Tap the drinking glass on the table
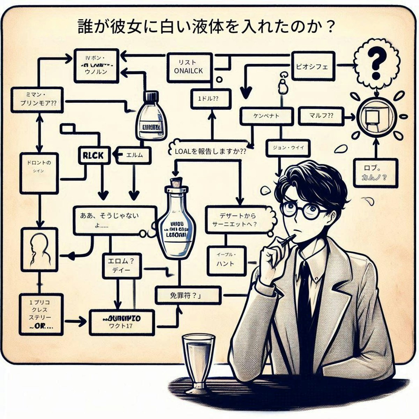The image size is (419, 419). [199, 360]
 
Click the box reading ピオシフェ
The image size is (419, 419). [312, 67]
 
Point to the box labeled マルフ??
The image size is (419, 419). [321, 116]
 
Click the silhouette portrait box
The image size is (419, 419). [39, 250]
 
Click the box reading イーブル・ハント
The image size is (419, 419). [226, 260]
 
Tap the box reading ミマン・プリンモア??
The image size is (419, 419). [37, 100]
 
